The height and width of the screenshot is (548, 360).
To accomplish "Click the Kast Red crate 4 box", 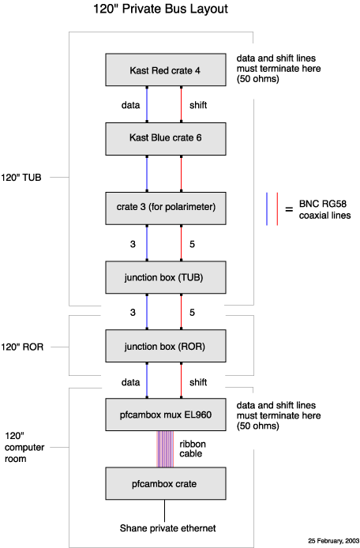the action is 166,70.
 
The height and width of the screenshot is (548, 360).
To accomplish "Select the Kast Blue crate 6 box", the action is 166,139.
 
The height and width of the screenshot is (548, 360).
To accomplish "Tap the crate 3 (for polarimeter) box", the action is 166,208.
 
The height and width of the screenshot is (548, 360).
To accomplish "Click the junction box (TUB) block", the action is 166,277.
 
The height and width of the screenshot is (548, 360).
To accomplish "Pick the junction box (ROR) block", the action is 166,346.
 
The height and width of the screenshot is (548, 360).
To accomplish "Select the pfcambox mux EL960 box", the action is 166,415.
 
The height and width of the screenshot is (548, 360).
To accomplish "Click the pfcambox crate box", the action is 166,483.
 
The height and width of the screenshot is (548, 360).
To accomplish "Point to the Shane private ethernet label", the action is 168,528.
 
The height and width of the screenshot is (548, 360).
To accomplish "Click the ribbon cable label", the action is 193,449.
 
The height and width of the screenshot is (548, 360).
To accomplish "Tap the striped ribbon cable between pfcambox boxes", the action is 165,449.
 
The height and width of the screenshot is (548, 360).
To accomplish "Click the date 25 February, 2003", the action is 333,540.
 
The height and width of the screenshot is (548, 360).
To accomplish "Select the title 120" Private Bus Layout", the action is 160,9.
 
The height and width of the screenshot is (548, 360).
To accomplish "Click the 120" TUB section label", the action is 21,178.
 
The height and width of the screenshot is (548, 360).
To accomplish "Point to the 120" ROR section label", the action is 22,347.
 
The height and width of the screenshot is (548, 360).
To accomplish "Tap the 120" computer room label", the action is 24,448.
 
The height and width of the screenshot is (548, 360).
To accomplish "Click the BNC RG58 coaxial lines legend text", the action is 324,209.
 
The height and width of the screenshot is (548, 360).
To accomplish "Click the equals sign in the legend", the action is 289,210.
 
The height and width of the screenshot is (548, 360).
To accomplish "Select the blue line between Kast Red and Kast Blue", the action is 147,104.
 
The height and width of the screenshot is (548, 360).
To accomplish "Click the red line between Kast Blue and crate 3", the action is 181,174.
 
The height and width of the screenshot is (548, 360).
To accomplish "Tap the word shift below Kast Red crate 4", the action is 198,105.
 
